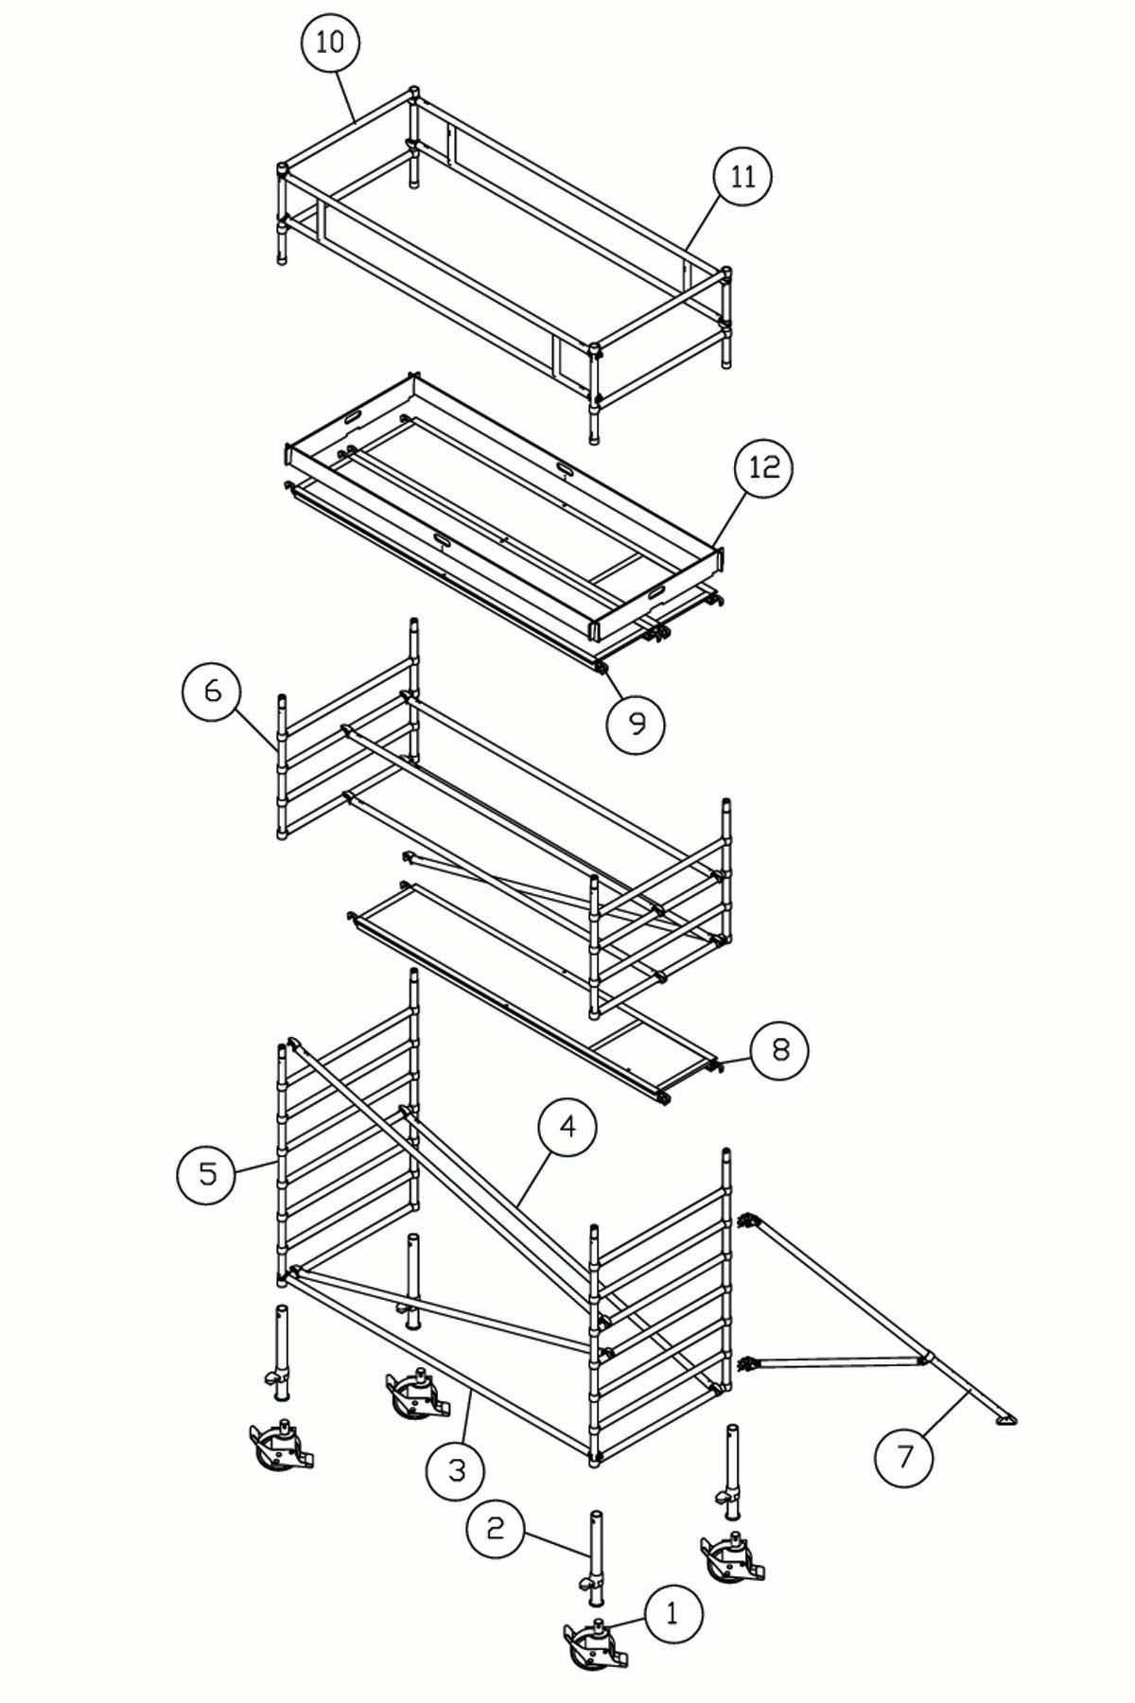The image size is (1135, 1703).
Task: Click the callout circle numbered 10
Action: click(x=330, y=44)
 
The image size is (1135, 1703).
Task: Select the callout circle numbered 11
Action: click(x=742, y=177)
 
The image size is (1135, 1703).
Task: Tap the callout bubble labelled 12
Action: click(x=763, y=467)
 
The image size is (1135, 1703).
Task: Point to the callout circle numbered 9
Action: click(x=636, y=724)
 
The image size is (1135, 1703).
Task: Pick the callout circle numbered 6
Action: click(x=212, y=691)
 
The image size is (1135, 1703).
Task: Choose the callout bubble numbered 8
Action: click(x=779, y=1049)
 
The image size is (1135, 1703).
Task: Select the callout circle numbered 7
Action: click(x=905, y=1457)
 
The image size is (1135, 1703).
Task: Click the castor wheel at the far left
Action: click(x=280, y=1445)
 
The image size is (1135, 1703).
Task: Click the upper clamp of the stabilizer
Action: click(x=750, y=1221)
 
